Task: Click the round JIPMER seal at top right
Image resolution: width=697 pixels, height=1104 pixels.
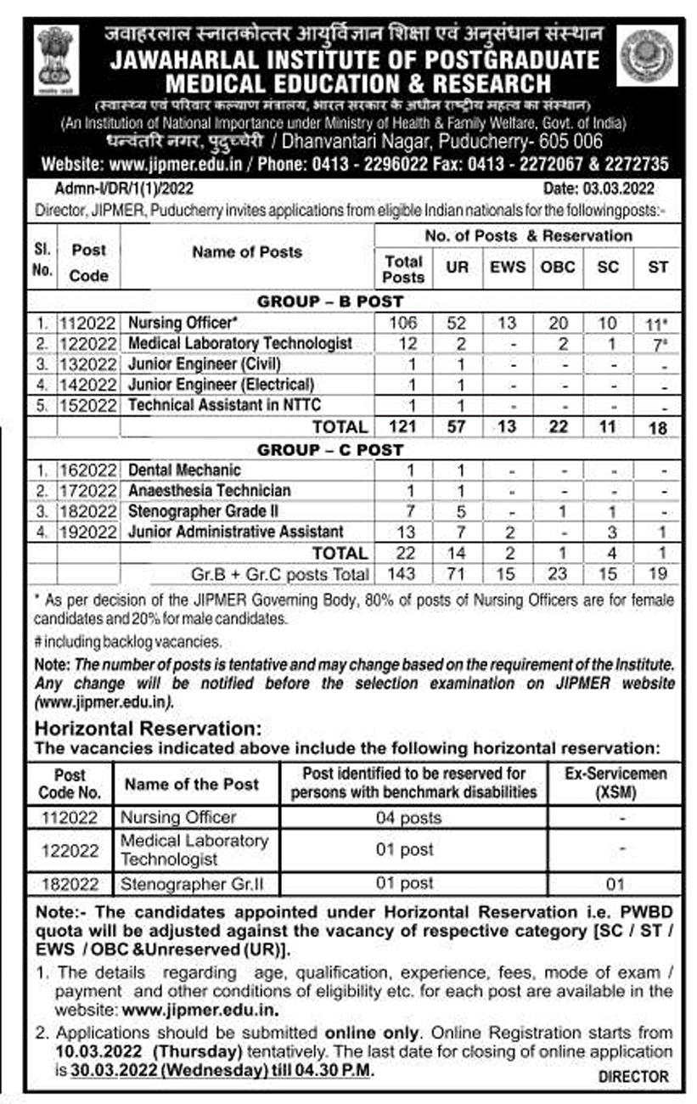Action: pyautogui.click(x=647, y=55)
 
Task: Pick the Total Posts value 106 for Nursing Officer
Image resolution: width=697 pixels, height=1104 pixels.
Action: pyautogui.click(x=403, y=323)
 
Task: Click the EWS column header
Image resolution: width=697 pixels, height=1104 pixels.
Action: pyautogui.click(x=507, y=266)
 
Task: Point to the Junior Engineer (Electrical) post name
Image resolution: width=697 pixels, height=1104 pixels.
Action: pyautogui.click(x=221, y=384)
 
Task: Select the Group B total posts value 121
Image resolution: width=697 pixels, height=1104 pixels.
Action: pyautogui.click(x=403, y=426)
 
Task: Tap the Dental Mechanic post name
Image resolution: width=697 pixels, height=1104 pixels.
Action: pyautogui.click(x=184, y=470)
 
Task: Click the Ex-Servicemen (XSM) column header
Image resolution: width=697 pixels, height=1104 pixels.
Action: pyautogui.click(x=615, y=782)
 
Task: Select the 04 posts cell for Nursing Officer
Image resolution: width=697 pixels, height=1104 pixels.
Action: pyautogui.click(x=408, y=818)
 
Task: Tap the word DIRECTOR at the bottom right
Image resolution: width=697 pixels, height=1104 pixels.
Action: pyautogui.click(x=633, y=1077)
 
